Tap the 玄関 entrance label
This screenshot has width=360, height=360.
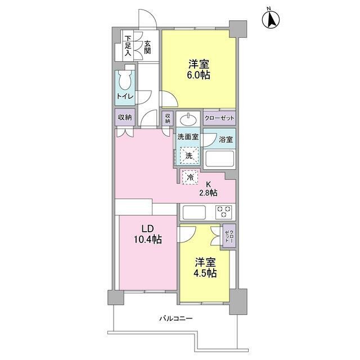[x=147, y=47]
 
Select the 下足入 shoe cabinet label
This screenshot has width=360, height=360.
[x=128, y=46]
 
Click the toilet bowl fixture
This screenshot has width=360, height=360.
[x=125, y=79]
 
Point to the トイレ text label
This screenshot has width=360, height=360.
[x=125, y=96]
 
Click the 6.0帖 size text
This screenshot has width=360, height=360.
[x=198, y=75]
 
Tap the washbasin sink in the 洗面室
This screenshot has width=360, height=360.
[x=188, y=119]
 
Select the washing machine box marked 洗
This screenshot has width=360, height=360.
[x=189, y=155]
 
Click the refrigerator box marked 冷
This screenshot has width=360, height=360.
[x=190, y=177]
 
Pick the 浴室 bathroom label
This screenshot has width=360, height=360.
[x=226, y=139]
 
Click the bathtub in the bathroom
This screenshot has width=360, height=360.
[x=219, y=159]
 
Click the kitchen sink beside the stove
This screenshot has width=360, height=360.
[x=194, y=212]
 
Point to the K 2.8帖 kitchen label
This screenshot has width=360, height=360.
[x=208, y=189]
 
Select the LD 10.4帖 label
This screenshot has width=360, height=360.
[x=148, y=234]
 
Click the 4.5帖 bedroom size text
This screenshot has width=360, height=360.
[x=205, y=273]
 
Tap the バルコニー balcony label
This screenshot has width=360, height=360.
[x=176, y=319]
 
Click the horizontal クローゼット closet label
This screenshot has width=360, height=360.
[x=219, y=118]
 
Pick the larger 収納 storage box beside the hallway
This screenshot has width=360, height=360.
[x=125, y=118]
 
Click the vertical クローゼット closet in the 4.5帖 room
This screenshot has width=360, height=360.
[x=229, y=236]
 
